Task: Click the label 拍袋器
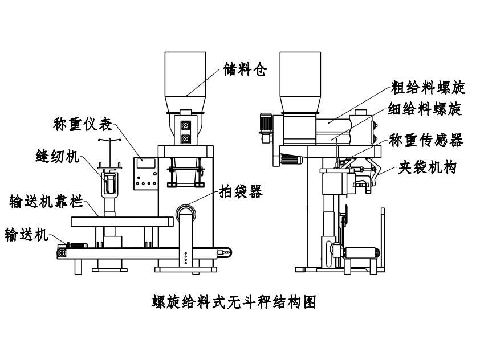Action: pos(241,192)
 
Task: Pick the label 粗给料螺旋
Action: pos(428,87)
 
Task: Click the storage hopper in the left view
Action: pos(185,74)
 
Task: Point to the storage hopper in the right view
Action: pos(299,74)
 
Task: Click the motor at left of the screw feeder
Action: pos(266,126)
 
